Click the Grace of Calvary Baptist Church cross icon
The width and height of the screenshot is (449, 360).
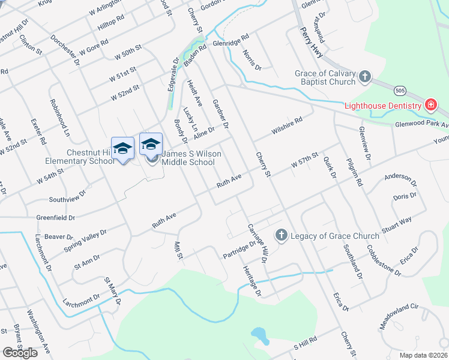point(365,77)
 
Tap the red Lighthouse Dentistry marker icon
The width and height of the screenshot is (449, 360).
point(430,106)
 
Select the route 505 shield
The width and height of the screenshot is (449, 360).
point(400,90)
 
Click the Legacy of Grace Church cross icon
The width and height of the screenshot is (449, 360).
point(281,235)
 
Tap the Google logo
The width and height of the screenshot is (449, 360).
point(20,353)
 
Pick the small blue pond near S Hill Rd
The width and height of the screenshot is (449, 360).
point(259,334)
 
